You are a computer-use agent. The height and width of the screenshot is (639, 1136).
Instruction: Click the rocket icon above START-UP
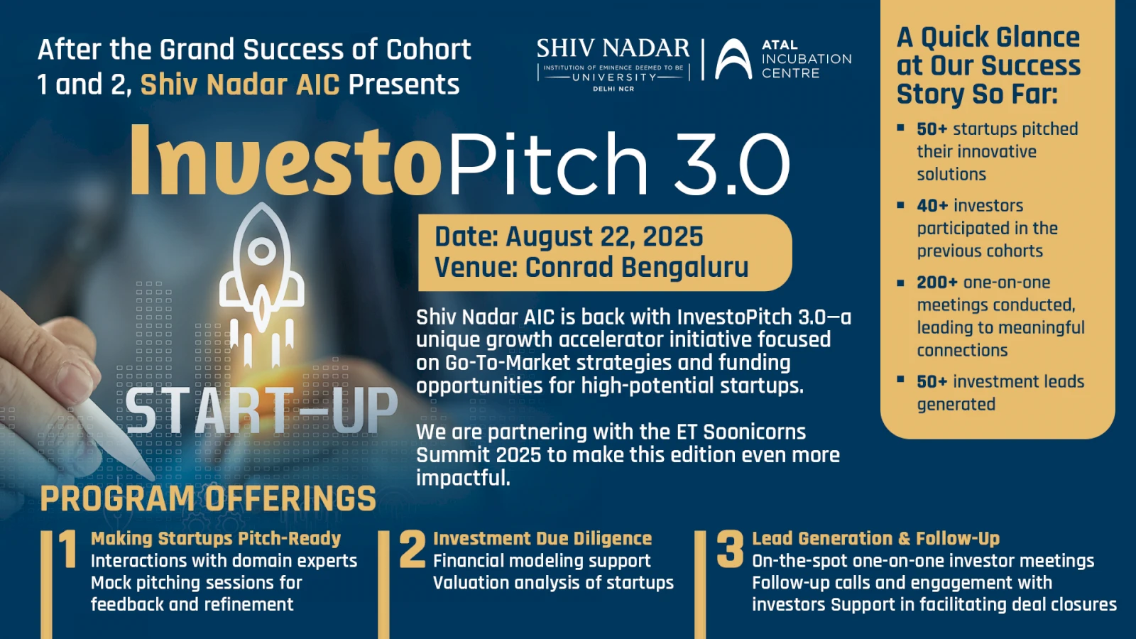pos(262,284)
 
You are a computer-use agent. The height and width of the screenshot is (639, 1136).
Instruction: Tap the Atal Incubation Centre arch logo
pos(733,59)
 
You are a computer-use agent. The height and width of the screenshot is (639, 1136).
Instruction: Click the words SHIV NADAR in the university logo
pos(613,49)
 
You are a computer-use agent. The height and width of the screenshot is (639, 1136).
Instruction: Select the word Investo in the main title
pos(285,160)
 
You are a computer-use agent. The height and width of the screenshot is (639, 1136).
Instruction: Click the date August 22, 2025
pos(604,236)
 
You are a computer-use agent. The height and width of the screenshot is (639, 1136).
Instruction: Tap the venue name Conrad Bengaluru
pos(636,267)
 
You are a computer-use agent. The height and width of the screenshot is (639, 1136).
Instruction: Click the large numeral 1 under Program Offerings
pos(67,549)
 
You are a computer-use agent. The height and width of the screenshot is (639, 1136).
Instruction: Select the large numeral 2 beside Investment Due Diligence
pos(412,549)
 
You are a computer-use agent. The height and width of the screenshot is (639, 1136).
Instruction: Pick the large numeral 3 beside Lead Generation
pos(731,549)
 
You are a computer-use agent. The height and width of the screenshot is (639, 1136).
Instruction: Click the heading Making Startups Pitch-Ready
pos(216,538)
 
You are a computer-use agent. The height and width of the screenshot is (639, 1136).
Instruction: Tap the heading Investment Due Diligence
pos(542,538)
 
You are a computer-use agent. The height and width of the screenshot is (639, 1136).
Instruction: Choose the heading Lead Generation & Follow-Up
pos(876,538)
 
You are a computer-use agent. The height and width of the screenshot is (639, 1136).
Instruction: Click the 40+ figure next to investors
pos(932,206)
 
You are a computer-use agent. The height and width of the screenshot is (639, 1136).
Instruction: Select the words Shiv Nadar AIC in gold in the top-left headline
pos(240,84)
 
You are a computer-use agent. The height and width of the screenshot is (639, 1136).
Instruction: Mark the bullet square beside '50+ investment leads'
pos(901,379)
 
